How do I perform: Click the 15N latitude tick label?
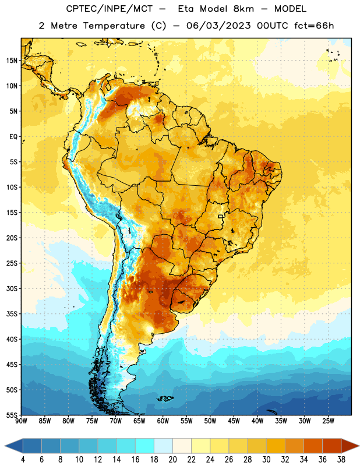[12, 61]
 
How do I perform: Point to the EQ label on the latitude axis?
[13, 137]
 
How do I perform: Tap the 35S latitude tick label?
[12, 314]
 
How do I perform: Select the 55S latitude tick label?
[12, 415]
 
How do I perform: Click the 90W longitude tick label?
[21, 421]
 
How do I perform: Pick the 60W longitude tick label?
[163, 421]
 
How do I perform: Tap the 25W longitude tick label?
[328, 421]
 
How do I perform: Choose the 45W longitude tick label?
[234, 421]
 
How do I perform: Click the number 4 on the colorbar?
[23, 460]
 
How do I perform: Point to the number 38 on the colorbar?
[341, 460]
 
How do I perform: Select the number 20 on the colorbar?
[172, 460]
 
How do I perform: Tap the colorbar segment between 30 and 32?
[276, 446]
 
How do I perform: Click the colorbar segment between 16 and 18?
[144, 446]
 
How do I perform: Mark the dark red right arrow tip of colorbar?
[358, 446]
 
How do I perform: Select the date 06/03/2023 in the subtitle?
[218, 26]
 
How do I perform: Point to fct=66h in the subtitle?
[314, 26]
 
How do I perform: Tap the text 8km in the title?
[243, 9]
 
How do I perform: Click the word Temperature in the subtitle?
[114, 26]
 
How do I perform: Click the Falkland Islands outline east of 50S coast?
[165, 398]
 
